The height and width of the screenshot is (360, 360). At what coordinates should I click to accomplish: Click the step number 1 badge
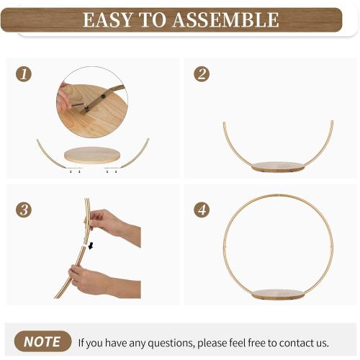coord(24,73)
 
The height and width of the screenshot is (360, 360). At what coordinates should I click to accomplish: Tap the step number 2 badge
coord(202,73)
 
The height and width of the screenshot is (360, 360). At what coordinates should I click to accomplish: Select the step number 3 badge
coord(24,210)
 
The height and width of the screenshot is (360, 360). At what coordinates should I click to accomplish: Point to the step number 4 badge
coord(202,210)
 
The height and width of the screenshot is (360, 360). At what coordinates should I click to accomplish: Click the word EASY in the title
coord(108,19)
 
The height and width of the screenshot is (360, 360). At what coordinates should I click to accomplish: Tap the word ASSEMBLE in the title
coord(226,19)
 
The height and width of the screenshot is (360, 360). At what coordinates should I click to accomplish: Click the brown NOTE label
coord(42,341)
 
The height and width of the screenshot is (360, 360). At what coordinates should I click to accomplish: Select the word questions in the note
coord(171,343)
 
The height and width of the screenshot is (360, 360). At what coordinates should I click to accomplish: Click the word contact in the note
coord(296,343)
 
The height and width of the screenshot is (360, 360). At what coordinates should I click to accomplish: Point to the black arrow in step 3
coord(91,246)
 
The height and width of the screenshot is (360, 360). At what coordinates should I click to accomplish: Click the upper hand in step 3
coord(112,225)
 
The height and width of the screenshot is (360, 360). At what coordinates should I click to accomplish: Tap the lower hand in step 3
coord(104,281)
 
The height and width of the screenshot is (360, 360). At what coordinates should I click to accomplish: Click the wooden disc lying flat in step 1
coord(92,155)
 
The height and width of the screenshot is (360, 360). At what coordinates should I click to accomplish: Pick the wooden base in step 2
coord(278,167)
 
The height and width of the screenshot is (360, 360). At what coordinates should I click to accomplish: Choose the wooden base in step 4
coord(278,294)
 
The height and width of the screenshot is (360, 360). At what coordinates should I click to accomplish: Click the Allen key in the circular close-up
coord(79,106)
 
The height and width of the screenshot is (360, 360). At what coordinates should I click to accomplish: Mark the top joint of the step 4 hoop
coord(278,194)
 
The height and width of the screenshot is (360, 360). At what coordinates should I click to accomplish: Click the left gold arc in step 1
coord(48,157)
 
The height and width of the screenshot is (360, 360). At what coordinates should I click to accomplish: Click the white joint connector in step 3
coord(85,246)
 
